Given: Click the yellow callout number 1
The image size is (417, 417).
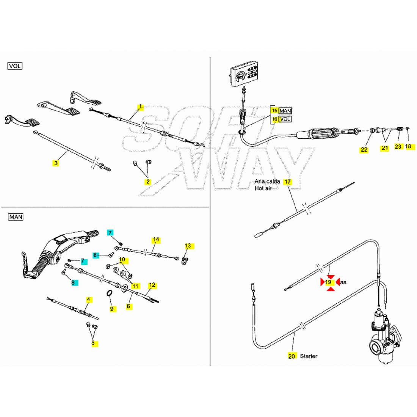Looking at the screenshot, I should pyautogui.click(x=140, y=107).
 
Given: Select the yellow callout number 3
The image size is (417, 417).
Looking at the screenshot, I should pyautogui.click(x=56, y=163).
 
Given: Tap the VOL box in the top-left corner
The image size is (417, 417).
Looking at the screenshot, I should pyautogui.click(x=15, y=66).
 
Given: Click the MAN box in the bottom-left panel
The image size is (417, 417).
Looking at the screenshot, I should pyautogui.click(x=16, y=217).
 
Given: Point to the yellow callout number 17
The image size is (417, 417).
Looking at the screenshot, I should pyautogui.click(x=288, y=182).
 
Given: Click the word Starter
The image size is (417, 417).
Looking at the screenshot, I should pyautogui.click(x=309, y=356).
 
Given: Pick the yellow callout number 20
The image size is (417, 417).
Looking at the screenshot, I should pyautogui.click(x=292, y=356).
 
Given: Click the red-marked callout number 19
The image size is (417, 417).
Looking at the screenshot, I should pyautogui.click(x=329, y=282).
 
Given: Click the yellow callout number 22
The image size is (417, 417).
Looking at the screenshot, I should pyautogui.click(x=364, y=150).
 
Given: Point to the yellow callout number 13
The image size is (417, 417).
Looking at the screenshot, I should pyautogui.click(x=188, y=246).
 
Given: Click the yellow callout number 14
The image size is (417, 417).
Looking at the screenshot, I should pyautogui.click(x=156, y=240).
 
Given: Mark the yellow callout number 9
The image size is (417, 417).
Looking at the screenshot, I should pyautogui.click(x=112, y=309).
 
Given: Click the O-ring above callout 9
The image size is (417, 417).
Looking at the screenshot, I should pyautogui.click(x=109, y=294).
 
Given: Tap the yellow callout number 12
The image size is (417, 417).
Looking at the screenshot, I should pyautogui.click(x=152, y=285).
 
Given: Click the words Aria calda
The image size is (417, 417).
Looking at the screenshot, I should pyautogui.click(x=267, y=181).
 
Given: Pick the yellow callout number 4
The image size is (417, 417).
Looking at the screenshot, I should pyautogui.click(x=88, y=299).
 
